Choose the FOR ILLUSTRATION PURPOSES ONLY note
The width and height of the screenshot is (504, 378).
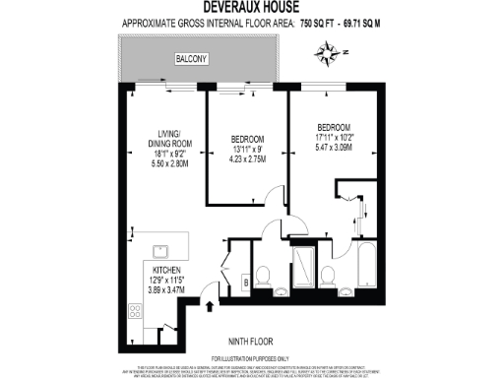pyautogui.click(x=251, y=357)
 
